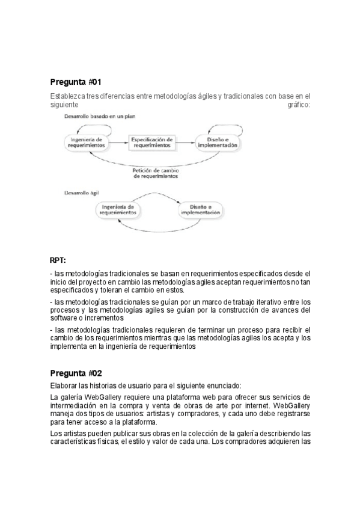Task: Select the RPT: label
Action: pos(58,260)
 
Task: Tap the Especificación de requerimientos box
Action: pos(152,142)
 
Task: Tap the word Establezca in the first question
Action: pos(67,96)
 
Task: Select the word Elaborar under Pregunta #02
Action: pos(64,386)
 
